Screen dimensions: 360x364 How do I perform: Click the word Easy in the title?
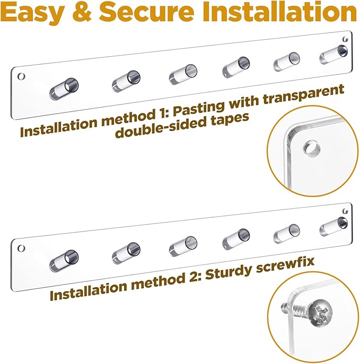click(x=32, y=12)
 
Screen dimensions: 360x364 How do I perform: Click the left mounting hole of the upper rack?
click(x=21, y=76)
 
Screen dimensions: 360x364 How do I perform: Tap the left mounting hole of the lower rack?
click(x=21, y=248)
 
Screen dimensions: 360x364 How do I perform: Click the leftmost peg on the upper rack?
click(x=64, y=89)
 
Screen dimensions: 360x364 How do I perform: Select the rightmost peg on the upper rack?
click(x=333, y=55)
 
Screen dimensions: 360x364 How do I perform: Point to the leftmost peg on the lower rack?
click(x=64, y=261)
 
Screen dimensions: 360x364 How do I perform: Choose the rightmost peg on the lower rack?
click(x=333, y=227)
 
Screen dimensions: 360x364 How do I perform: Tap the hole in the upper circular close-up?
click(x=312, y=147)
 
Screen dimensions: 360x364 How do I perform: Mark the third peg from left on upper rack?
click(x=183, y=75)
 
